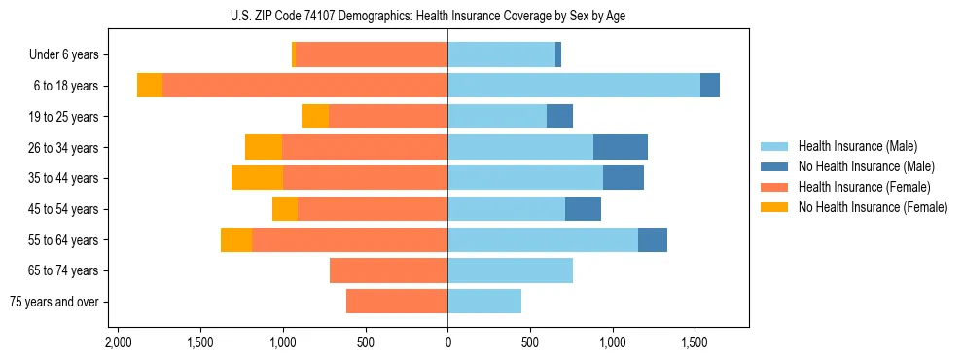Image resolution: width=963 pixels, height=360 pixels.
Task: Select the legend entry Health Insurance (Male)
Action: point(857,147)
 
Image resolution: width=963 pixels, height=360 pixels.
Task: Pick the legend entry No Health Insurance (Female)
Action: point(873,207)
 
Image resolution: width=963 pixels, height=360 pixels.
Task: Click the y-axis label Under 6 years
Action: point(70,55)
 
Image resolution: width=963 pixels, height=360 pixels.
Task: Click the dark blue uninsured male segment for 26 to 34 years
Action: point(621,147)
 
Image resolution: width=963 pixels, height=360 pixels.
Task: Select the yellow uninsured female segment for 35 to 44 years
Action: point(257,178)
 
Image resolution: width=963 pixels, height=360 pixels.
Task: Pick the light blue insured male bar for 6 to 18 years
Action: point(574,86)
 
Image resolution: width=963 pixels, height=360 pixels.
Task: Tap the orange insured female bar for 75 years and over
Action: point(397,302)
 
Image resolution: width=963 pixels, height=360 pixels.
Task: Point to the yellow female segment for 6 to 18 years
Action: point(150,86)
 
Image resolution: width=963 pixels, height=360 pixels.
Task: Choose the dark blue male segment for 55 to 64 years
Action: point(653,239)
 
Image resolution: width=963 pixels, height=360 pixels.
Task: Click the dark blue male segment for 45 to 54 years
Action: point(583,209)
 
